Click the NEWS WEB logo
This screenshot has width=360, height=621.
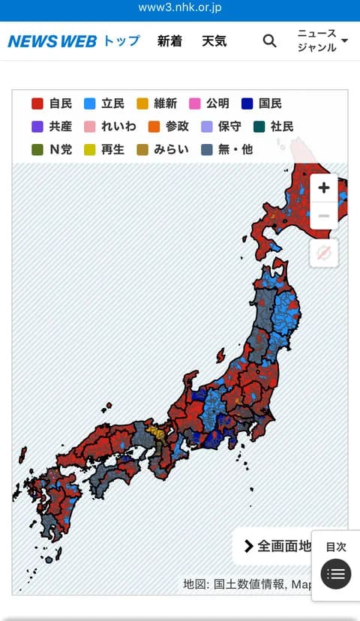pos(52,41)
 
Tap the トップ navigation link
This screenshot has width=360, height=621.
pos(121,40)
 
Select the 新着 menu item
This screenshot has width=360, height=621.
pos(169,41)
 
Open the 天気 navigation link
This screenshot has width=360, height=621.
pos(214,41)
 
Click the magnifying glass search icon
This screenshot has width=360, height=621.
pos(269,41)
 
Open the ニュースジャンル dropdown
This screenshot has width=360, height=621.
pos(322,40)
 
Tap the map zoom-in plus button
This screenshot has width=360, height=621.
pos(324,187)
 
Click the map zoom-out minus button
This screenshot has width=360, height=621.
pos(324,216)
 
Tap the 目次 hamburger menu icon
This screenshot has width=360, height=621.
pos(336,574)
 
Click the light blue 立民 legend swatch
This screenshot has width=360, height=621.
pos(90,103)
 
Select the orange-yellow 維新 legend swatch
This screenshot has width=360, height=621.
pos(142,103)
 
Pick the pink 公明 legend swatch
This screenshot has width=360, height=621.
pos(195,103)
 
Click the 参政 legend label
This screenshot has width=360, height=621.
pos(177,126)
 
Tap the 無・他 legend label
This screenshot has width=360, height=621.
pos(235,149)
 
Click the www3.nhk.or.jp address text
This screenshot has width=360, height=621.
pos(180,8)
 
